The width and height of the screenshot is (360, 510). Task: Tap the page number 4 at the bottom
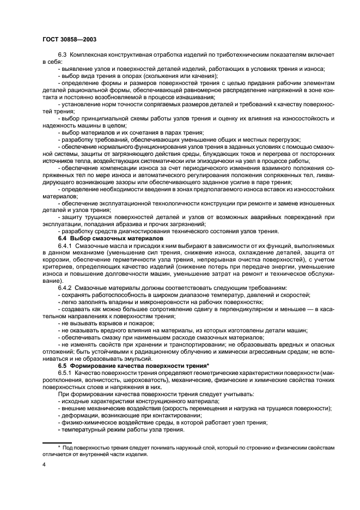click(x=43, y=466)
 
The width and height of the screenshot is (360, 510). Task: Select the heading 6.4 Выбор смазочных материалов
click(x=102, y=239)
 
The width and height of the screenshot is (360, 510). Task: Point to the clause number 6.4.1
click(x=65, y=246)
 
